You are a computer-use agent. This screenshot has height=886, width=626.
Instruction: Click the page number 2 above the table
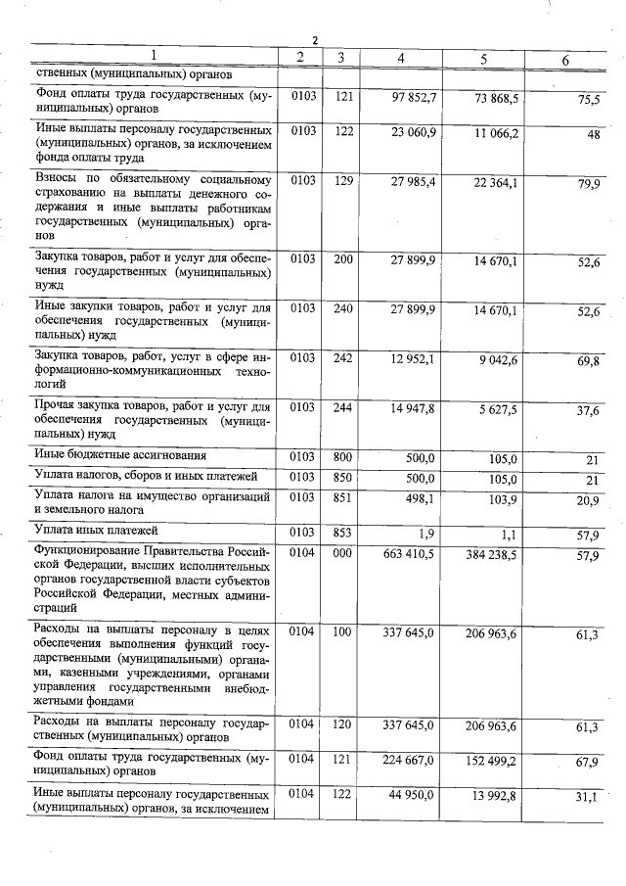[x=315, y=40]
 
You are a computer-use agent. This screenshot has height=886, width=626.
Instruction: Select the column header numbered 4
[x=401, y=58]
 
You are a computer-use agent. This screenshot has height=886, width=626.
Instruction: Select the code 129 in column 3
[x=342, y=180]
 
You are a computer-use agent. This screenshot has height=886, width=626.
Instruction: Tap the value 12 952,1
[x=414, y=358]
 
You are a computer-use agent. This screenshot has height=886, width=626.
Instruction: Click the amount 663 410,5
[x=410, y=554]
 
